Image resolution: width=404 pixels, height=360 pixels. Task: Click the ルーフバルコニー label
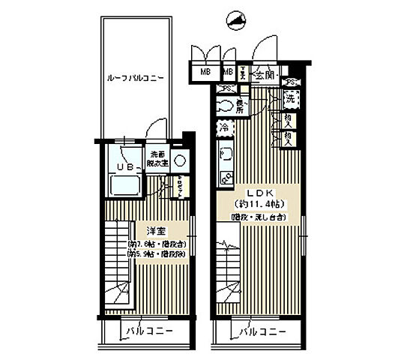coord(136,77)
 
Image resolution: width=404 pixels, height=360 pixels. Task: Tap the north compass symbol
coord(236,19)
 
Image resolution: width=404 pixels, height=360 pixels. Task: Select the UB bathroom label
coord(125,166)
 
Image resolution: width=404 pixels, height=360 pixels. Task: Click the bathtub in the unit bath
coord(126,185)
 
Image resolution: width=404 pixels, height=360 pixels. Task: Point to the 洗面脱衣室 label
coord(157,159)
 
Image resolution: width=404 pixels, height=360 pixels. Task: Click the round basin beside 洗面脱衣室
coord(180,160)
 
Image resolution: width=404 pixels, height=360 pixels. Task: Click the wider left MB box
coord(205,73)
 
